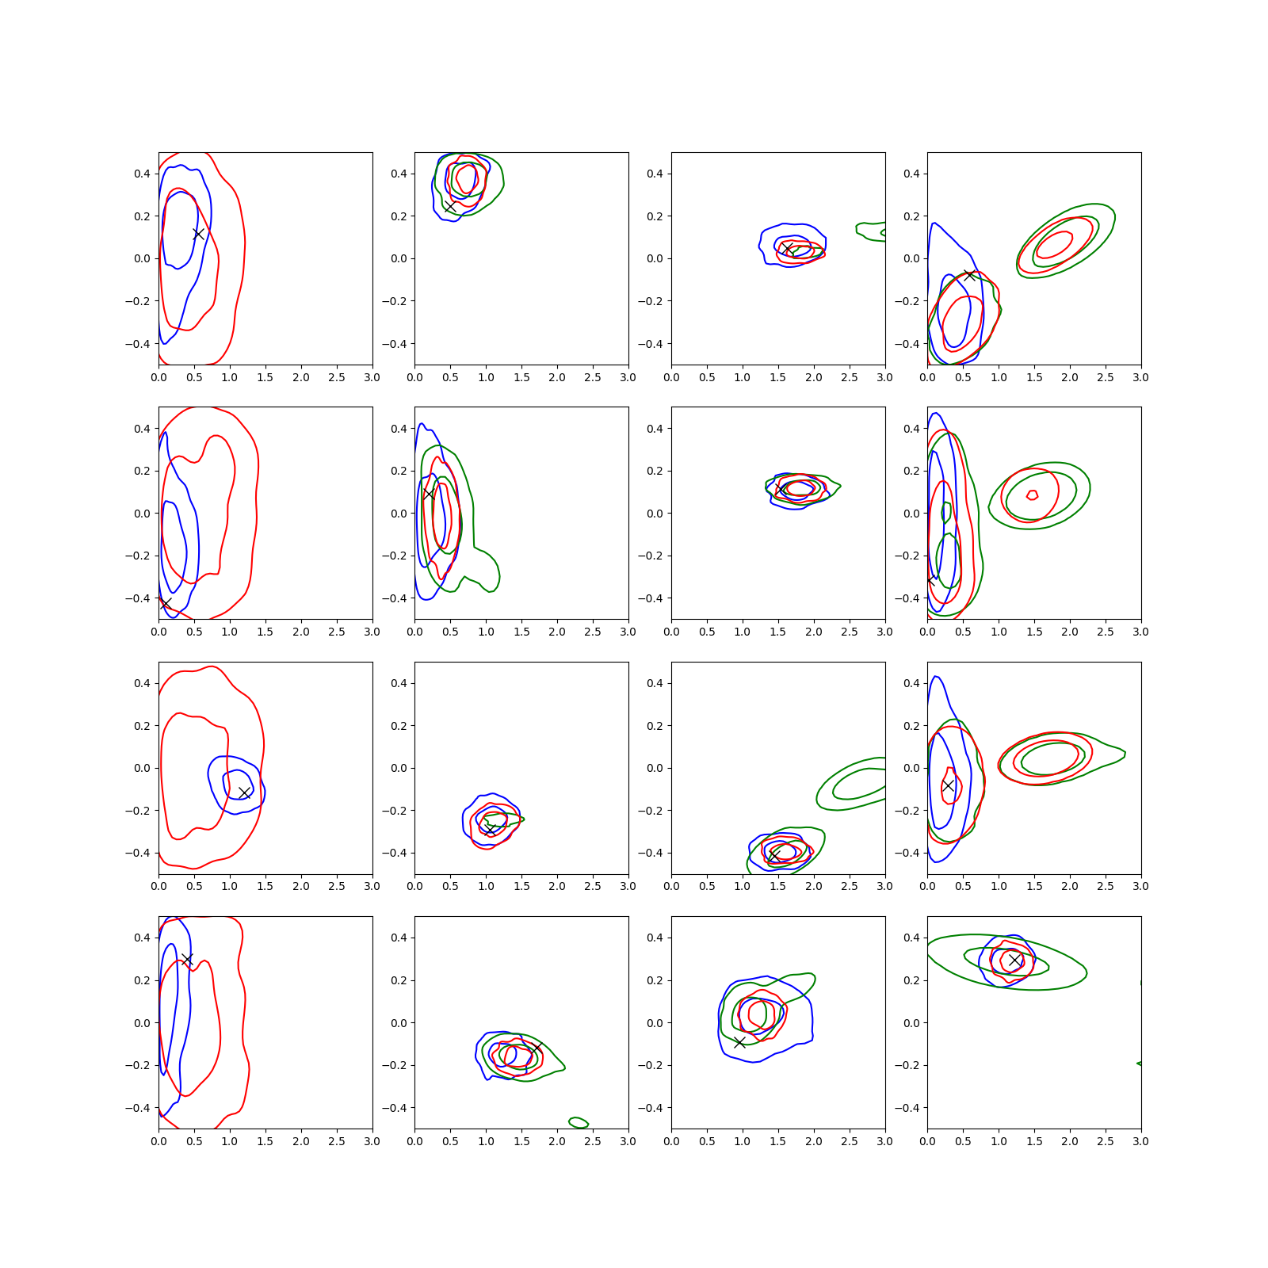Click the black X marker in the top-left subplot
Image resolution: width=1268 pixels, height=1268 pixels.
(199, 234)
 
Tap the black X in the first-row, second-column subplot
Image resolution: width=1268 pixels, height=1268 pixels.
(450, 206)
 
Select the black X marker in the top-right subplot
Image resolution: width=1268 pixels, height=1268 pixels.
(969, 275)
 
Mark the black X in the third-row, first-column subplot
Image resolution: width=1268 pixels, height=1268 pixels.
(244, 792)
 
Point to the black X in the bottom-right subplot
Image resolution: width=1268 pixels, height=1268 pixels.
(1014, 960)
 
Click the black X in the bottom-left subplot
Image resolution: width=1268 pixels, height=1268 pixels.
(187, 959)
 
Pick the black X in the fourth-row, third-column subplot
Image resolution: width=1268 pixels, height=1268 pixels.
(739, 1042)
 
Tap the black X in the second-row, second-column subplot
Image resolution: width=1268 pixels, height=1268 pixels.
(429, 493)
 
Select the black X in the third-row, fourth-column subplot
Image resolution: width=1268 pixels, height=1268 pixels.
(948, 785)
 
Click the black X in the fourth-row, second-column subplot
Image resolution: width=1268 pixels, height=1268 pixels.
(537, 1048)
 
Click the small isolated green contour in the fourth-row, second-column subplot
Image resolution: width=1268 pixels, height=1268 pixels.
(579, 1122)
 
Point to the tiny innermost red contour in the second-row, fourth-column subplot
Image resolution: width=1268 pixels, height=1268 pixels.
(1032, 495)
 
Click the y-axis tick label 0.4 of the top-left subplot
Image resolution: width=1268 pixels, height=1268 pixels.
(142, 174)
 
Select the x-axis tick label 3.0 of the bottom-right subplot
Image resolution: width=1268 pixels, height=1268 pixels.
(1140, 1141)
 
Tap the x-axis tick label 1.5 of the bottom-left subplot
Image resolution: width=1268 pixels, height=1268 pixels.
(265, 1141)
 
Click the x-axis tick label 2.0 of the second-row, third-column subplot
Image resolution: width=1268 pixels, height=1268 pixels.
(813, 632)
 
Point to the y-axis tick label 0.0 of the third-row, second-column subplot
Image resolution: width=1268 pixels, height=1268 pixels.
(399, 768)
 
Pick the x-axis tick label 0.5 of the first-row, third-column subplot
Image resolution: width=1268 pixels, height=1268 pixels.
(707, 377)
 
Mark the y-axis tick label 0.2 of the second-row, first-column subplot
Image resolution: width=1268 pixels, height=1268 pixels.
(142, 471)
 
